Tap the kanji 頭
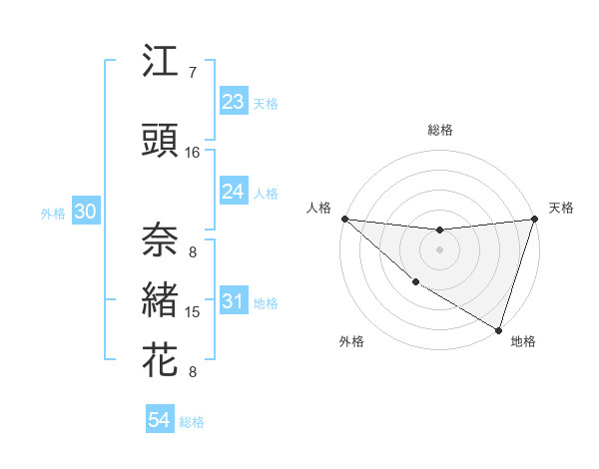click(x=161, y=141)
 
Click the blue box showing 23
click(x=234, y=102)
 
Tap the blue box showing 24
click(x=234, y=192)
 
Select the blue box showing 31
click(x=234, y=302)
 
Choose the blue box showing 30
click(x=85, y=213)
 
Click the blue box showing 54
click(x=160, y=420)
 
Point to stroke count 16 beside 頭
click(x=193, y=153)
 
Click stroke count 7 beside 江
click(x=193, y=73)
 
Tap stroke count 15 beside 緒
click(x=193, y=312)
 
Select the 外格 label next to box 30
click(x=53, y=214)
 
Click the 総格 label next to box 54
click(x=192, y=421)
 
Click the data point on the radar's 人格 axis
click(x=344, y=219)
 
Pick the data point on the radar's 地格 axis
click(x=498, y=329)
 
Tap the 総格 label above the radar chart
click(x=439, y=130)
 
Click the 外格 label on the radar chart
click(x=351, y=341)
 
